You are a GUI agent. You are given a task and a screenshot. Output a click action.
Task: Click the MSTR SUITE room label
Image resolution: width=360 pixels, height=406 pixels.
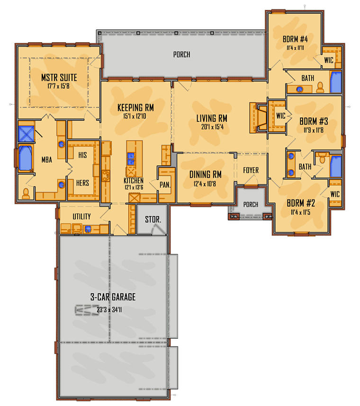tap(59, 77)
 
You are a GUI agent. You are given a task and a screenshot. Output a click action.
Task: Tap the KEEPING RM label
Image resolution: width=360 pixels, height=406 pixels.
tap(135, 108)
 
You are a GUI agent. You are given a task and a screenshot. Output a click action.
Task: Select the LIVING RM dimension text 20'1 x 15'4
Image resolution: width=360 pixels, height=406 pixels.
tap(212, 127)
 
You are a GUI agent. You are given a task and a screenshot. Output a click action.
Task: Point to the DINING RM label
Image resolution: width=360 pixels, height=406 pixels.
tap(206, 174)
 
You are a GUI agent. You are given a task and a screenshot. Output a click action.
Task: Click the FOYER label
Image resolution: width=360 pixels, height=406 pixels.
tap(251, 170)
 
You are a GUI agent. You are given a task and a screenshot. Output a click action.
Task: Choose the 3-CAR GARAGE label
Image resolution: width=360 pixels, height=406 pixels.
tap(113, 297)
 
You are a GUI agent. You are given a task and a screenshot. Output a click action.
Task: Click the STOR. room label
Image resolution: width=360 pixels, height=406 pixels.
tap(152, 220)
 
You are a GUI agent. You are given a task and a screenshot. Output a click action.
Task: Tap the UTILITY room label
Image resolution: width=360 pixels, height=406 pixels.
tap(81, 216)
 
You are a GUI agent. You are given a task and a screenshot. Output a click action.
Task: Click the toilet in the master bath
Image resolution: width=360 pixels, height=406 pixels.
tap(26, 193)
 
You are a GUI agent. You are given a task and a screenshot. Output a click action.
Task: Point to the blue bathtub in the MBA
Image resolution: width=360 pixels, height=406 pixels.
tap(24, 158)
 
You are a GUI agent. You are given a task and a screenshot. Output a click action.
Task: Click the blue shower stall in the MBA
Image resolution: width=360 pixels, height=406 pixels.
tap(26, 132)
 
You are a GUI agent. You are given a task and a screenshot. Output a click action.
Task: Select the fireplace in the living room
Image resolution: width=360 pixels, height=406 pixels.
tap(260, 117)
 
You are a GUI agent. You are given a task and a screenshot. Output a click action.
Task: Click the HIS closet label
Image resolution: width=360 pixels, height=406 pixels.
tap(82, 155)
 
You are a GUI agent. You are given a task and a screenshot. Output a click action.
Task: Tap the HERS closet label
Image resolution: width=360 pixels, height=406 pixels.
tap(82, 182)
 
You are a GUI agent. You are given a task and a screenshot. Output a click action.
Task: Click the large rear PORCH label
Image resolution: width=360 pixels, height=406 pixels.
tap(181, 54)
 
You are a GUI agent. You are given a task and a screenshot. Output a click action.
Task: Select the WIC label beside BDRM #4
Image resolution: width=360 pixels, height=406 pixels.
tap(329, 60)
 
